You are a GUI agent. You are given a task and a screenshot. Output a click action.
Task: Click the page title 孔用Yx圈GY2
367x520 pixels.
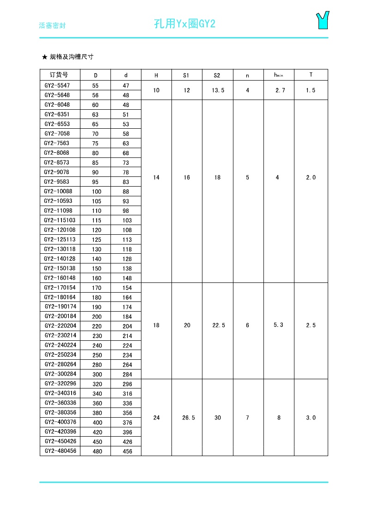tap(184, 24)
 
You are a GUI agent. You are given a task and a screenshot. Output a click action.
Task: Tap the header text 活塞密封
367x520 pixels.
tap(52, 25)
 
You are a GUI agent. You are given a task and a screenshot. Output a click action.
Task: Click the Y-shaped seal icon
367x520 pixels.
tap(322, 20)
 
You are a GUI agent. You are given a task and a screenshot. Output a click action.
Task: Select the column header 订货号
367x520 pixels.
tap(60, 75)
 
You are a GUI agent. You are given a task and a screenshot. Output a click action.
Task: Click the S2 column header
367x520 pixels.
tap(217, 75)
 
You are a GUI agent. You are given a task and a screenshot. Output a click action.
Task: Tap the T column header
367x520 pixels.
tap(311, 75)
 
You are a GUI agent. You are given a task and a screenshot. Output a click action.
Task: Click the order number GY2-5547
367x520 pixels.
tap(57, 85)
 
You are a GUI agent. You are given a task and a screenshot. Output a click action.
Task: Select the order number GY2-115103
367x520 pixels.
tap(60, 220)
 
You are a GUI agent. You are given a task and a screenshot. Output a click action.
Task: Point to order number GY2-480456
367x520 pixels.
tap(60, 451)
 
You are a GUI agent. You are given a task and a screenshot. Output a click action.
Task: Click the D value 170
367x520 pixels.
tap(97, 288)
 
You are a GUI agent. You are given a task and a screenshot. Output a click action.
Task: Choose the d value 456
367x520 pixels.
tap(127, 451)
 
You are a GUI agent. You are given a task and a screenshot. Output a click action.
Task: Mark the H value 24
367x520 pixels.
tap(156, 418)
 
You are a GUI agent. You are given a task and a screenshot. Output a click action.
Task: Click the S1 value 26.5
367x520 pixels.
tap(187, 418)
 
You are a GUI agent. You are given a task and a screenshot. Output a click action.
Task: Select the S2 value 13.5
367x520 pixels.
tap(218, 90)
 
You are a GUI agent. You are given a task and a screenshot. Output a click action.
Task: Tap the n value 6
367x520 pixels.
tap(248, 326)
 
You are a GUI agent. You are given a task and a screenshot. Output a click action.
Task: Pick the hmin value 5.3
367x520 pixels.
tap(278, 325)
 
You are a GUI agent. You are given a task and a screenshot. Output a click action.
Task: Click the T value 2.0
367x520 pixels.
tap(311, 177)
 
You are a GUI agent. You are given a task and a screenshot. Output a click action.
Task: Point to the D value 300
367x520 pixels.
tap(97, 375)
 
